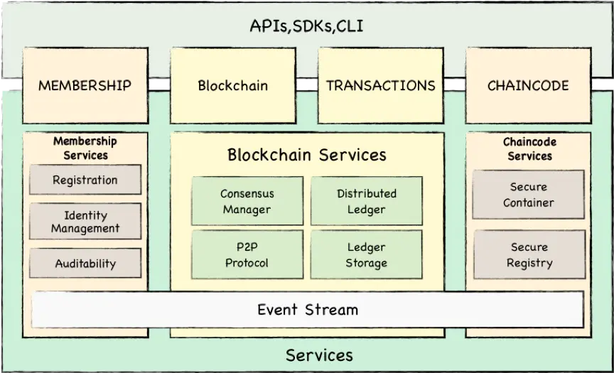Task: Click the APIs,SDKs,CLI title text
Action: [306, 26]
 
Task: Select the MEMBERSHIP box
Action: [85, 85]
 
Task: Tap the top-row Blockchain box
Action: [233, 85]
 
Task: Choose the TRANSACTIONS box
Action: [381, 85]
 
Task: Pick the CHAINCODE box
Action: [528, 85]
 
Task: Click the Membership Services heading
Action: [85, 148]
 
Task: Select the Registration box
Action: [85, 180]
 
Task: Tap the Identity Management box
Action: [85, 221]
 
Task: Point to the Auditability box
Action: [85, 263]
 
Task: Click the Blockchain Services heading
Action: [307, 155]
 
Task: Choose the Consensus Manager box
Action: [247, 201]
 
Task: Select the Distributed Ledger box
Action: [367, 201]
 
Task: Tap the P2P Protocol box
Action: [247, 254]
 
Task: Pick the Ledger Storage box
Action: [367, 254]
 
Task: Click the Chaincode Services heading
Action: [529, 148]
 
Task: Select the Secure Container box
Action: [529, 195]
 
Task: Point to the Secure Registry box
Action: [529, 254]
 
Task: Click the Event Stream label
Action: [308, 310]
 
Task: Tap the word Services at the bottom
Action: [319, 355]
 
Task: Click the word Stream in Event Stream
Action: [332, 310]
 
